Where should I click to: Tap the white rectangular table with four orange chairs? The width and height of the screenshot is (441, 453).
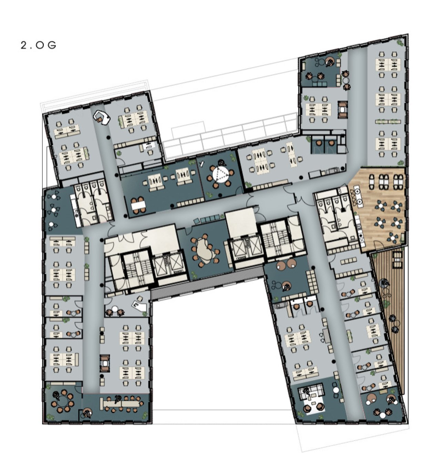click(x=138, y=205)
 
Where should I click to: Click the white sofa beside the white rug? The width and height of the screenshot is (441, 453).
click(x=311, y=390)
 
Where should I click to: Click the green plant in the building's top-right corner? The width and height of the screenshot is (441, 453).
click(x=400, y=43)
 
